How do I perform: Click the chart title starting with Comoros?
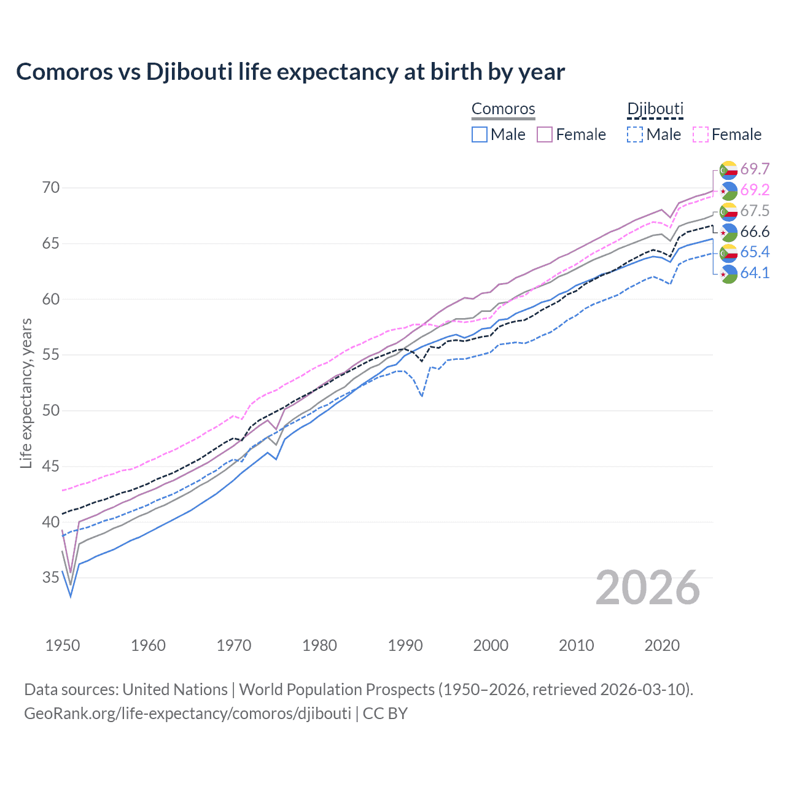[x=290, y=72]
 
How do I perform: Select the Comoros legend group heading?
[x=503, y=109]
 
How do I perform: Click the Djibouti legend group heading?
[x=655, y=109]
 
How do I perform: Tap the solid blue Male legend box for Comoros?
[x=480, y=134]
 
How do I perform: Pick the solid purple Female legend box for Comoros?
[x=545, y=134]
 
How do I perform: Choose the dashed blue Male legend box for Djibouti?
[x=635, y=134]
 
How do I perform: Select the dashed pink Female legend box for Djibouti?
[x=701, y=134]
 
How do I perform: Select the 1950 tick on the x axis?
[x=63, y=645]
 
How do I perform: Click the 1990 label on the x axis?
[x=405, y=645]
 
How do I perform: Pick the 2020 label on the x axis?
[x=662, y=645]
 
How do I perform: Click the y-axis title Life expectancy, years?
[x=26, y=393]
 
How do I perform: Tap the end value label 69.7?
[x=755, y=169]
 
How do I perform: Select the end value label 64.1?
[x=755, y=273]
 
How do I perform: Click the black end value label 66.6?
[x=755, y=232]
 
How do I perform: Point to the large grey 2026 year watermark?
[x=647, y=588]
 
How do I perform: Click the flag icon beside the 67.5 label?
[x=728, y=211]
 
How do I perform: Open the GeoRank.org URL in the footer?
[x=187, y=714]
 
